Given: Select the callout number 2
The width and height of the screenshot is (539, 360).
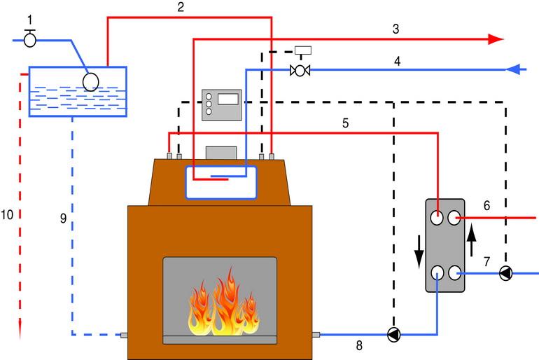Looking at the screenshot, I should point(181,8).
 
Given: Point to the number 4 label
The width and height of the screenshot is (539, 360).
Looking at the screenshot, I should point(397,61).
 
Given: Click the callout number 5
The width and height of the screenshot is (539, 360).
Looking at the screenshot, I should point(345,123).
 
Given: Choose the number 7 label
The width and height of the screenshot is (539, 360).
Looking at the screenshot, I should point(486,261).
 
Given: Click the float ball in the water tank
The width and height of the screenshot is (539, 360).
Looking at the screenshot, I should point(92,81).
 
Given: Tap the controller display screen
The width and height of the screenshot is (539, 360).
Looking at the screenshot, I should point(228,98).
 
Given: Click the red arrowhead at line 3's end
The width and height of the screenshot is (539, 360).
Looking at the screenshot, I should point(496,39).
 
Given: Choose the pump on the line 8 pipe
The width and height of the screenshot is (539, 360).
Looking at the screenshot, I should point(394,335).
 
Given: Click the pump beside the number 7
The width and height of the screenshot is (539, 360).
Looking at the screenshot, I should point(505,274).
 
